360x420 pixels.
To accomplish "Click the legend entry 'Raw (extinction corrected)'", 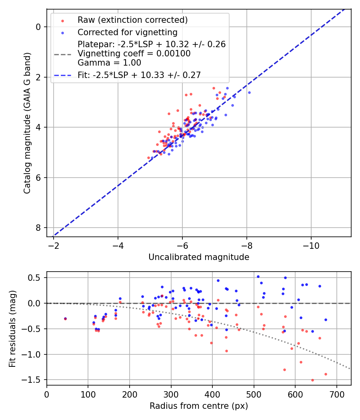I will pos(132,20).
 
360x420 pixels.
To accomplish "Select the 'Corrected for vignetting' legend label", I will pos(127,32).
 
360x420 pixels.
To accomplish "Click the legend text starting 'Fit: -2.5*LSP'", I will pos(139,75).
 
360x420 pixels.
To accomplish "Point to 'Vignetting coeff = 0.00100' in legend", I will pos(134,54).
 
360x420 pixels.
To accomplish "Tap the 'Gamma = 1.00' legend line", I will pos(109,62).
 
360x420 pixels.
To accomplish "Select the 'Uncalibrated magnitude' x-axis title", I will pos(199,257).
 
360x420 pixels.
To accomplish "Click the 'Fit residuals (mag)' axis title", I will pos(12,328).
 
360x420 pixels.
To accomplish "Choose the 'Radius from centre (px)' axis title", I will pos(199,406).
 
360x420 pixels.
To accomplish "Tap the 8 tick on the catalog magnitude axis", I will pos(38,228).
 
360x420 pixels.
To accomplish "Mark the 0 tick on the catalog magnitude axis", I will pos(38,27).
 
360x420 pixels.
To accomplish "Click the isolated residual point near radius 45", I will pos(65,319).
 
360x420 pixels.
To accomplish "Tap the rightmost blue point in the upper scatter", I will pos(249,92).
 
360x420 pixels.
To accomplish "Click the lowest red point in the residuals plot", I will pos(312,380).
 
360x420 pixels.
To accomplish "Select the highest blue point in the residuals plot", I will pos(258,276).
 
